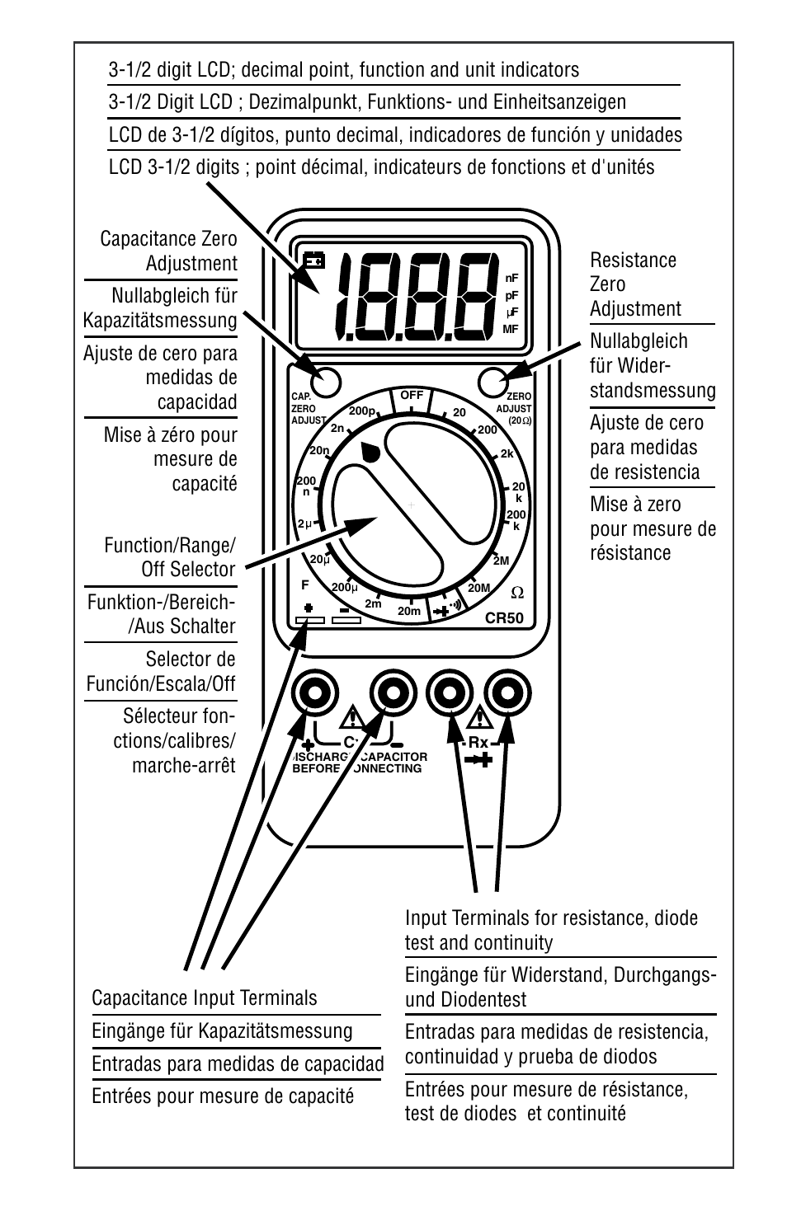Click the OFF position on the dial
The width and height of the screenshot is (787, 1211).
(412, 396)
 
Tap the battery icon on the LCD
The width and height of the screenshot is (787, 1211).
(313, 261)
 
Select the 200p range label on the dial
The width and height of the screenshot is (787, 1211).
(361, 411)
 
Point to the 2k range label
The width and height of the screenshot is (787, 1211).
(507, 453)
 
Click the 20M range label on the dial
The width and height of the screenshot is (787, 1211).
(479, 588)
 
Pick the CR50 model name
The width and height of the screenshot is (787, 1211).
(504, 618)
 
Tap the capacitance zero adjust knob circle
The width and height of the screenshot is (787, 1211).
(325, 381)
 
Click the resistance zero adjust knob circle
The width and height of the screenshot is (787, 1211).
(492, 381)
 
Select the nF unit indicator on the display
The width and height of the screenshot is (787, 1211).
(511, 278)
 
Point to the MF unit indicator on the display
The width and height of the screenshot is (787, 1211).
(511, 329)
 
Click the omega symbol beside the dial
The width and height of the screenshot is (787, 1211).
(517, 592)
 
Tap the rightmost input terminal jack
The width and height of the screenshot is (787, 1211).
(507, 693)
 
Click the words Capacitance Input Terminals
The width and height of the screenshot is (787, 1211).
(204, 998)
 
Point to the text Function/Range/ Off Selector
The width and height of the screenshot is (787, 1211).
(169, 557)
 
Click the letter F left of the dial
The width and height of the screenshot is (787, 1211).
(304, 585)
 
